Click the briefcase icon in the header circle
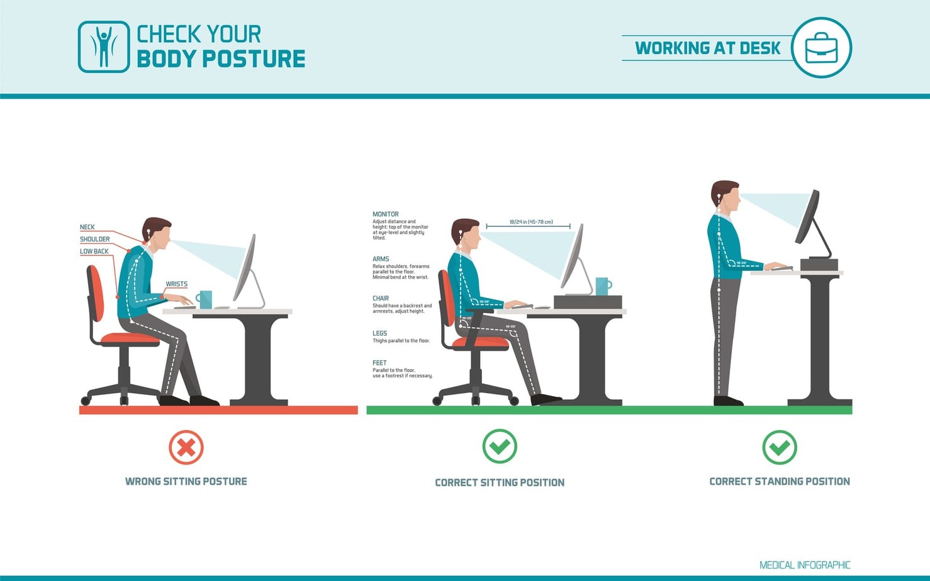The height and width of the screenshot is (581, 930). (821, 48)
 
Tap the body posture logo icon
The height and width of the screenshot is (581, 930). (104, 47)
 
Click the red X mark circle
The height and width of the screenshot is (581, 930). (186, 447)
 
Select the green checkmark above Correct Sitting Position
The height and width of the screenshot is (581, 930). (500, 446)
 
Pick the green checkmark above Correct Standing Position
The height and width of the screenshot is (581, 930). (780, 447)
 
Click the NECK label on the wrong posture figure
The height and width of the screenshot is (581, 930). (87, 227)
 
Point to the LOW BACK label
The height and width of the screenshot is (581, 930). (94, 251)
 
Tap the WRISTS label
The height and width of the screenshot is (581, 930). (177, 284)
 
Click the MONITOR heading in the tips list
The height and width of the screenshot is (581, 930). (386, 214)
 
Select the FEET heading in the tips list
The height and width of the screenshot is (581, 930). (379, 363)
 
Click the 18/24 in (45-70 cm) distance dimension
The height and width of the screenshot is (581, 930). (531, 222)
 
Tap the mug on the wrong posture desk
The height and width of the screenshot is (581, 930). (204, 299)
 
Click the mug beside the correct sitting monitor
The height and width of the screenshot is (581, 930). (602, 286)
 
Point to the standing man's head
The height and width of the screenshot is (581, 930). (726, 197)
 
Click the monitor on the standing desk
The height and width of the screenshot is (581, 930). (808, 218)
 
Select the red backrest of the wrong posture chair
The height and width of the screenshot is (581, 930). (95, 294)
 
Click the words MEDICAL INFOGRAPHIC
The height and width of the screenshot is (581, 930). (805, 565)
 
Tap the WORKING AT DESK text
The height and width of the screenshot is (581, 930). (707, 48)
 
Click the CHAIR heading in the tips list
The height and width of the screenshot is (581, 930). (381, 298)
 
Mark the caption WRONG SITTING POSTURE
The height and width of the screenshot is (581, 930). (186, 482)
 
